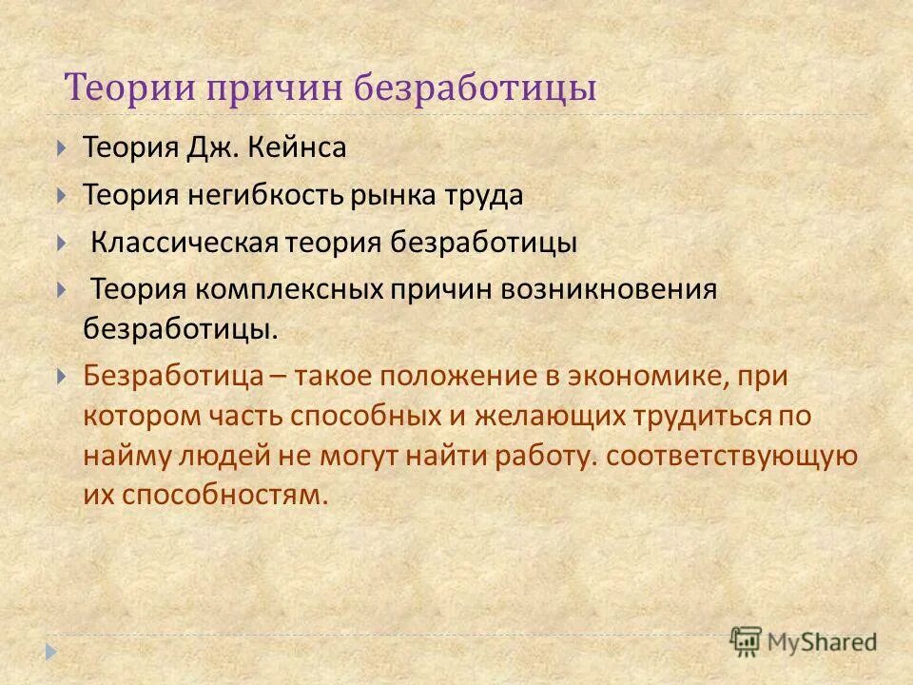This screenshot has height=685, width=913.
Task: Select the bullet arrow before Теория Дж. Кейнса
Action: coord(62,148)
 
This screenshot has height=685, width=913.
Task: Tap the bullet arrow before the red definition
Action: coord(62,375)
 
